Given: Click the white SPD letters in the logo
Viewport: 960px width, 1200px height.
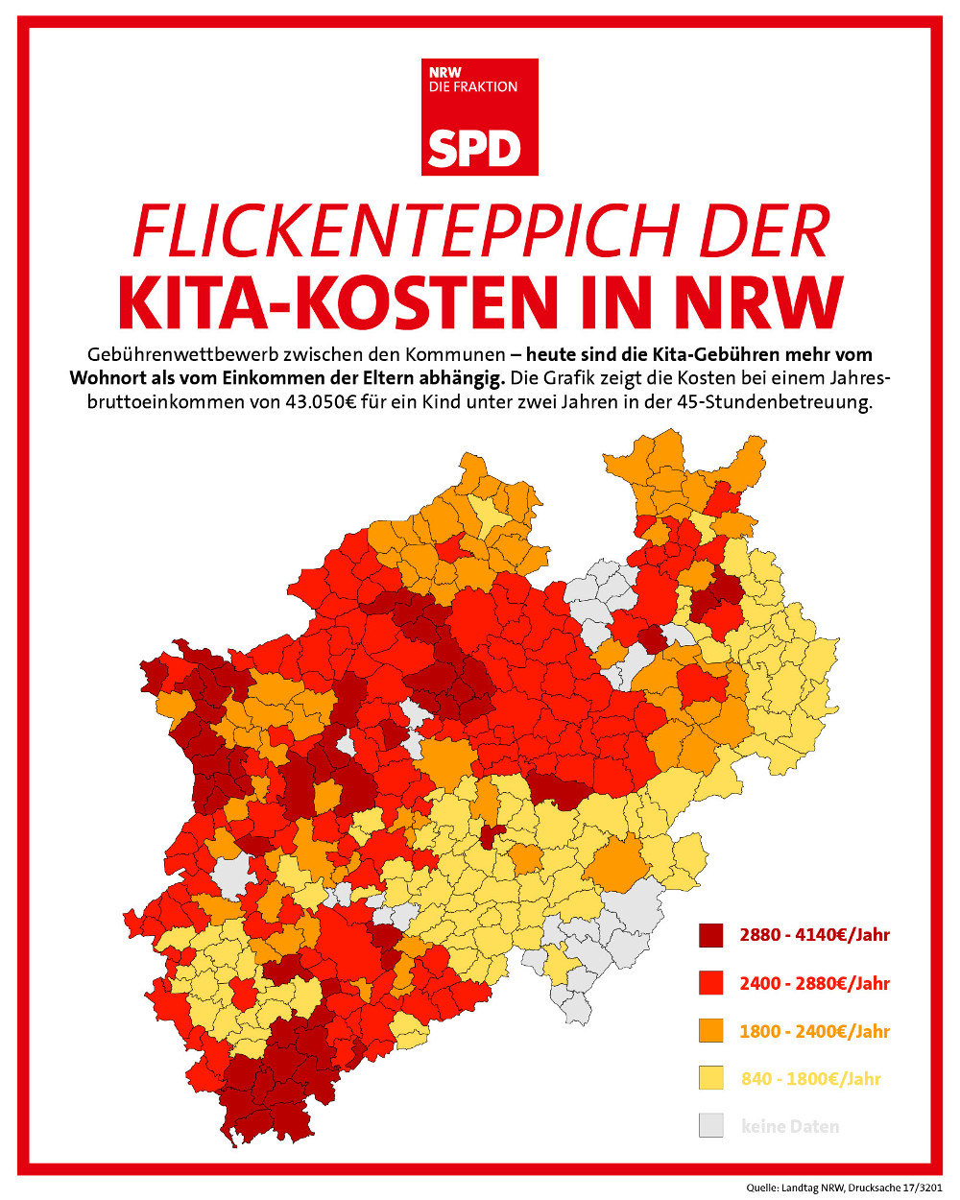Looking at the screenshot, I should point(474,148).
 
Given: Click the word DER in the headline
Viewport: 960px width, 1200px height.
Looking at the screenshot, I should point(764,231).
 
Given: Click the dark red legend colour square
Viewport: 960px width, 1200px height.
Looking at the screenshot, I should point(710,935).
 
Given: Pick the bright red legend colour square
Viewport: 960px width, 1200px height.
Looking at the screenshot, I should point(710,983).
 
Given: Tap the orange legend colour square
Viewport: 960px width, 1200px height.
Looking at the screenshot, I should point(710,1031).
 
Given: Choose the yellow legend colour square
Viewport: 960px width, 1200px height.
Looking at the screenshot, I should point(710,1078).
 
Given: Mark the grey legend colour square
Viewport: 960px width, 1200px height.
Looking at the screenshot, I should point(710,1126).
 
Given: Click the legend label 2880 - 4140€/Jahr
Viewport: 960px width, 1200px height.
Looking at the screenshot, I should point(814,935).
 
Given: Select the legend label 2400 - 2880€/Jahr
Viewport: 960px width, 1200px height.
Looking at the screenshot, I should point(814,983).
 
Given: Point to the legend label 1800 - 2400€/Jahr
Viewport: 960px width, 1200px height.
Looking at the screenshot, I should point(814,1031).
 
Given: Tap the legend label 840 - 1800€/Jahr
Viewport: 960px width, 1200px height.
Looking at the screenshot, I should point(810,1078).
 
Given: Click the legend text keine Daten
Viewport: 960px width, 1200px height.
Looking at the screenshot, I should point(790,1126).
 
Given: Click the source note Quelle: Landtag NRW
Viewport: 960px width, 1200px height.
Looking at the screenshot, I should point(796,1188).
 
